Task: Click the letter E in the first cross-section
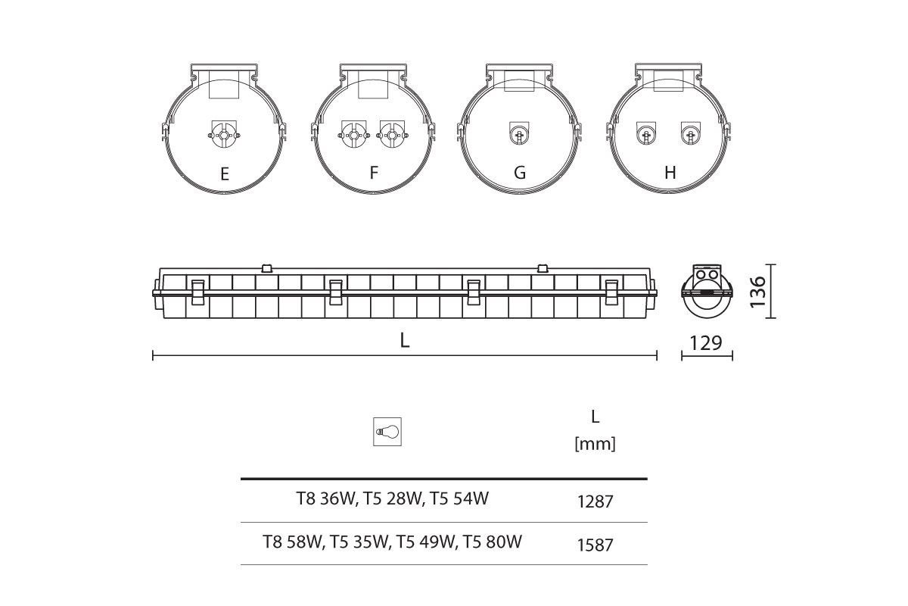tap(225, 173)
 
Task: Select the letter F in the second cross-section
tap(374, 173)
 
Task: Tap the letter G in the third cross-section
tap(520, 173)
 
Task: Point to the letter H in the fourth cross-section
tap(670, 173)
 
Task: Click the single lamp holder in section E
tap(223, 134)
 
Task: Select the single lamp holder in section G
tap(519, 133)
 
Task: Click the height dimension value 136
tap(757, 292)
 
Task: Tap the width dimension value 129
tap(706, 343)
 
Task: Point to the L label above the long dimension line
tap(404, 341)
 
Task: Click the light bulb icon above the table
tap(387, 432)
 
